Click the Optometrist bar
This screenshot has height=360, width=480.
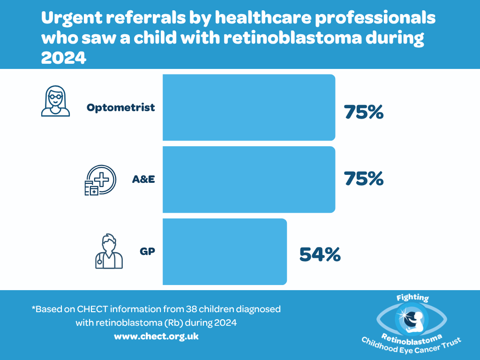(248, 107)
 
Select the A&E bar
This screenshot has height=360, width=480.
(248, 180)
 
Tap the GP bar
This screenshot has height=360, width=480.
(225, 252)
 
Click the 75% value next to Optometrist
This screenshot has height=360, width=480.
(364, 112)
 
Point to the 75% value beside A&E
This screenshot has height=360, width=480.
(364, 179)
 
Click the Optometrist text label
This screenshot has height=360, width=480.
(120, 107)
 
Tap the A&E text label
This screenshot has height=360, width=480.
(143, 180)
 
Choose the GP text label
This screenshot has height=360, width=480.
(147, 251)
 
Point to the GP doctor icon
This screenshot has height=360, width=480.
(109, 251)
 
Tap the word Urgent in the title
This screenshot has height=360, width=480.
(70, 19)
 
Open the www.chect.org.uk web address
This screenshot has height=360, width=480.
(156, 337)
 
